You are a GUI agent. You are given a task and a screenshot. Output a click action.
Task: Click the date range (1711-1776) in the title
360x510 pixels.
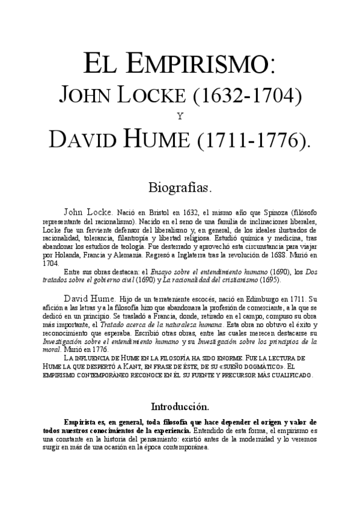[x=251, y=140]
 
